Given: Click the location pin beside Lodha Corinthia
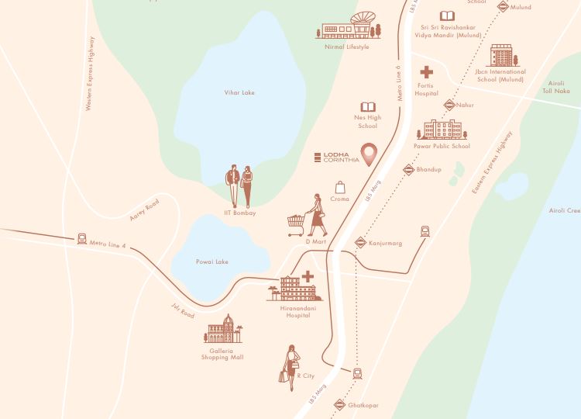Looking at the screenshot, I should tap(371, 153).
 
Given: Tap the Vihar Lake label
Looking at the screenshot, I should tap(239, 93).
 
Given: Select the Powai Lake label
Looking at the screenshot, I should tap(212, 262).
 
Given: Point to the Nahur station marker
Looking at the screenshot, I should tap(449, 105).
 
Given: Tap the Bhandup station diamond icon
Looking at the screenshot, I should tap(408, 169).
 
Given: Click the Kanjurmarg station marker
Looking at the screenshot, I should tap(360, 243).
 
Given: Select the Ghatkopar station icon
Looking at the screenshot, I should tap(339, 404).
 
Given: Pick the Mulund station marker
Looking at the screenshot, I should tap(503, 6).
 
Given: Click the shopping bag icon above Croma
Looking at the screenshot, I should tap(339, 187).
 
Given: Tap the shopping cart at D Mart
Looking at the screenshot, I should tap(296, 225).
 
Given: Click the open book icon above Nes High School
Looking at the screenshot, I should tap(367, 107).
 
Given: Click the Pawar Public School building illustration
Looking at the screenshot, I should tap(442, 129).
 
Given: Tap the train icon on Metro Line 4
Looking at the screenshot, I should tap(82, 239).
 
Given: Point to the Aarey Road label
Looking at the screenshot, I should tap(144, 209).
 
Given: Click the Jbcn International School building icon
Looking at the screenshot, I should tap(501, 55).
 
